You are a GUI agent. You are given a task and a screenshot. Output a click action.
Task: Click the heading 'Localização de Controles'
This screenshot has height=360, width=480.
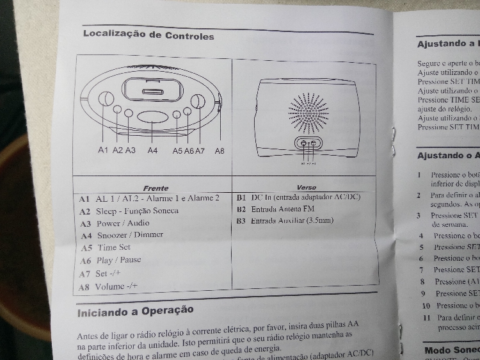click(148, 35)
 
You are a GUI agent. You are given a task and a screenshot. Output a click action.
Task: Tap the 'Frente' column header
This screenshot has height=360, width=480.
click(156, 188)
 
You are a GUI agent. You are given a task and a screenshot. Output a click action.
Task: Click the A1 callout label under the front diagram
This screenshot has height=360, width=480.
click(103, 150)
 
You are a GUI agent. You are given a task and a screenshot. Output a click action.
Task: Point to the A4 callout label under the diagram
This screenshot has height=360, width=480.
click(152, 150)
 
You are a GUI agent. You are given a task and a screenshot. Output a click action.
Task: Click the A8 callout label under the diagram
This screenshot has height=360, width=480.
click(220, 150)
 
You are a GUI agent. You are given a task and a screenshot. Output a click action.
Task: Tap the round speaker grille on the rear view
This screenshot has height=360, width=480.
click(308, 111)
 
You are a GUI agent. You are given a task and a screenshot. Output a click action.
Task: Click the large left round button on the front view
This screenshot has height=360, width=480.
click(106, 99)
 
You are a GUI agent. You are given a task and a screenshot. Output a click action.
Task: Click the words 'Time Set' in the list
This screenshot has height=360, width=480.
click(115, 247)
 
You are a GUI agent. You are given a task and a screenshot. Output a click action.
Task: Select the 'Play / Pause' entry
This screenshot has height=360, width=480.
click(118, 260)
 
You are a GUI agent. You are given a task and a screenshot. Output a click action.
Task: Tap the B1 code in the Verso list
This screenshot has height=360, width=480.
click(241, 197)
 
